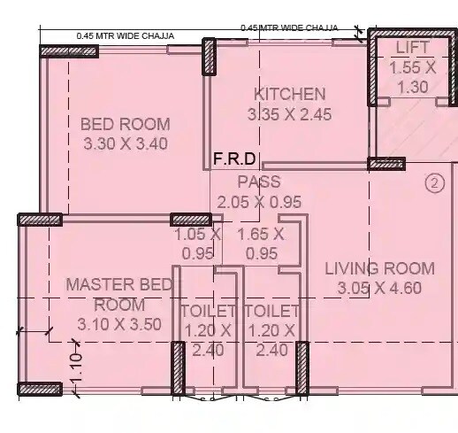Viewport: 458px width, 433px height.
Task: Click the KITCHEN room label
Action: [x=290, y=94]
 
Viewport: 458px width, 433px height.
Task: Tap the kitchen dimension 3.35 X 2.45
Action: [x=290, y=113]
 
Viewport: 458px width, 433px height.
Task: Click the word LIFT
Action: [x=412, y=47]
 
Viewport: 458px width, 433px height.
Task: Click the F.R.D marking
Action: [x=234, y=159]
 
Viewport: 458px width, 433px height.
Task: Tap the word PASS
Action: [x=259, y=182]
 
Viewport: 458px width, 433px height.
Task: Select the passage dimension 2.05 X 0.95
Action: [x=259, y=202]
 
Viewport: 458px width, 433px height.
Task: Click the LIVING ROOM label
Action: [x=379, y=268]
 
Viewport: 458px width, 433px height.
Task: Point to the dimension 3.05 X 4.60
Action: [x=379, y=288]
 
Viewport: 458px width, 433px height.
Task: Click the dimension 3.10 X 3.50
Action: [x=119, y=324]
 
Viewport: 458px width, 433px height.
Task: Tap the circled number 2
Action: [x=433, y=184]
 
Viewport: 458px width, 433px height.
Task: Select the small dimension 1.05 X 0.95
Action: [x=197, y=244]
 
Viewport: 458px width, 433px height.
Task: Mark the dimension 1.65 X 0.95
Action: [x=261, y=244]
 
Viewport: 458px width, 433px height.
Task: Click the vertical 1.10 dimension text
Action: [x=77, y=366]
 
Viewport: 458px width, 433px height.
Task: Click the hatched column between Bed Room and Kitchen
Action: [x=210, y=57]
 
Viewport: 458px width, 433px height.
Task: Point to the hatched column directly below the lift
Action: [x=385, y=164]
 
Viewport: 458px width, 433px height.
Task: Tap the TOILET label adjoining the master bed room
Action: [x=208, y=312]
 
